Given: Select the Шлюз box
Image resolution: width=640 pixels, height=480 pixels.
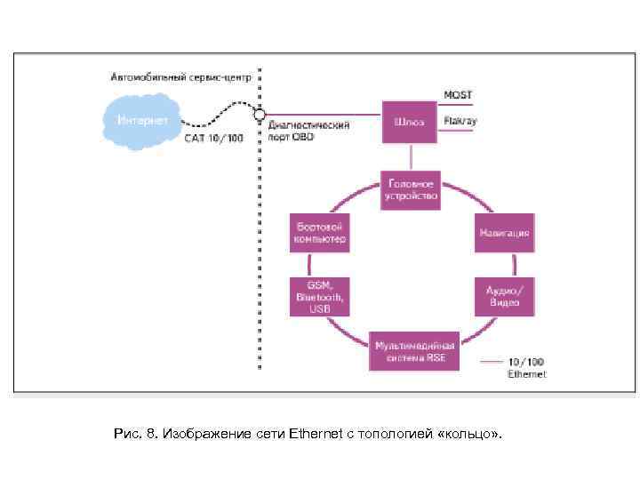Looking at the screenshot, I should coord(409,122).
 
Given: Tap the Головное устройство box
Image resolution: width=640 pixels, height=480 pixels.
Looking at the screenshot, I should coord(410,188).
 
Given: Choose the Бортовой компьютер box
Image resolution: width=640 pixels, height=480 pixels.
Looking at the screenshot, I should coord(318,232).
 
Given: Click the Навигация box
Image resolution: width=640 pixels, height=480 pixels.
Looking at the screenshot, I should coord(504,233).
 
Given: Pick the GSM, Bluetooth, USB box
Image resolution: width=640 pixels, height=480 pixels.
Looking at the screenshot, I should coord(319,297).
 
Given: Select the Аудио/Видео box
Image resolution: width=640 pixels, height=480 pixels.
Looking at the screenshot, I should coord(504,297).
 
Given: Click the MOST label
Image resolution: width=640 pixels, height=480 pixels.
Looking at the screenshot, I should coord(459,94).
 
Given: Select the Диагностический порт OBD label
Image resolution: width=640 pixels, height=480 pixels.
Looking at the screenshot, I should coord(308,131).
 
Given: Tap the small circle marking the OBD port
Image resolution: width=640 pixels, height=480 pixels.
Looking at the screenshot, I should coord(259,114).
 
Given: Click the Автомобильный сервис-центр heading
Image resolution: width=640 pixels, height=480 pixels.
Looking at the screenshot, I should coord(180,77).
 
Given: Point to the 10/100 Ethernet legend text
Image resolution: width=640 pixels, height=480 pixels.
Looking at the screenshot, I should coord(526,368).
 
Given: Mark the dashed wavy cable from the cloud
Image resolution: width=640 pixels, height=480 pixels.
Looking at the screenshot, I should coord(218,116).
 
